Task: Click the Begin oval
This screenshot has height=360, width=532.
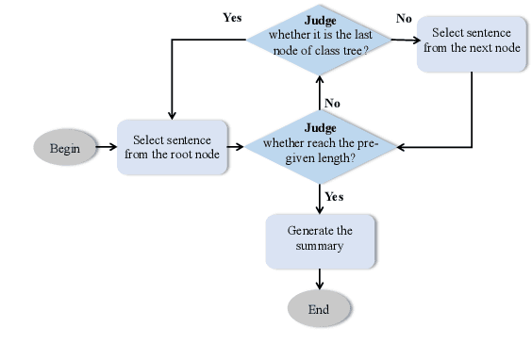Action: tap(65, 148)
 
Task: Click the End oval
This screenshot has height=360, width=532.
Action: tap(320, 309)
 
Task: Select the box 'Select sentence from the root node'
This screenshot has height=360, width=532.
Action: tap(173, 147)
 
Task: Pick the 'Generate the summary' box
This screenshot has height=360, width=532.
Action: tap(320, 238)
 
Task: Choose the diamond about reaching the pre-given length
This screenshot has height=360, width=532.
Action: tap(320, 146)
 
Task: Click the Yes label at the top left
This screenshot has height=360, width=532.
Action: tap(232, 17)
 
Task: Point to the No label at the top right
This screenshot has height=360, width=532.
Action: tap(404, 18)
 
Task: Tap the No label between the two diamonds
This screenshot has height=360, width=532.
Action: tap(332, 103)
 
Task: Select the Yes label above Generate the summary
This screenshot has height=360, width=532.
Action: tap(334, 197)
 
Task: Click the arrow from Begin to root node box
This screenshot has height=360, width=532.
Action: tap(106, 148)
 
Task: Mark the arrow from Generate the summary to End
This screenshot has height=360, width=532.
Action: tap(320, 278)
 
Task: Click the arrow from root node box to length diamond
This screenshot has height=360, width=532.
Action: tap(237, 147)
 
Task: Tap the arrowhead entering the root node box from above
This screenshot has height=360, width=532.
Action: tap(173, 115)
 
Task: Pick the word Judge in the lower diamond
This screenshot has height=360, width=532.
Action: tap(320, 127)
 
